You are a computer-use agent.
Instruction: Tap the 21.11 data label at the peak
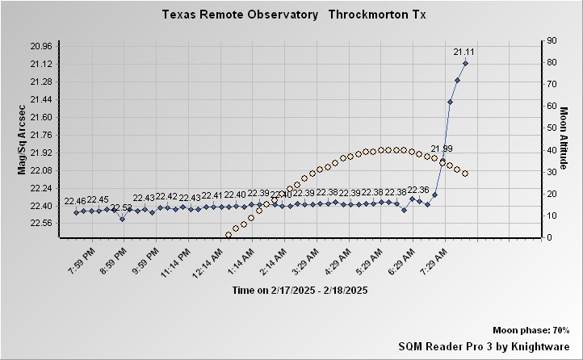464,52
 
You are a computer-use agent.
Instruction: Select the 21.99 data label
442,149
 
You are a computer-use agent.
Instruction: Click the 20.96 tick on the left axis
41,46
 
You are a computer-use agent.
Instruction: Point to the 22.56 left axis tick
41,224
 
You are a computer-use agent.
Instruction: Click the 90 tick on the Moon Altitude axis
552,40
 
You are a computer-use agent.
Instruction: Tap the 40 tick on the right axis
552,150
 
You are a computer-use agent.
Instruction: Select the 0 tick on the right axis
549,237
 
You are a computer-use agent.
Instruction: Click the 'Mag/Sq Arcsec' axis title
22,138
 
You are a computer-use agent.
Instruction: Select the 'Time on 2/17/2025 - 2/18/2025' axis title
300,291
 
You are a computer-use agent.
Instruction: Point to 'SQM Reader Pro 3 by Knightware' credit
484,345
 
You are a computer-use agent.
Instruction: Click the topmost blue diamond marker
465,63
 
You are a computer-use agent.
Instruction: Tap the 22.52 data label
121,208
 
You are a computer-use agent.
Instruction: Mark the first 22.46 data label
75,201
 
